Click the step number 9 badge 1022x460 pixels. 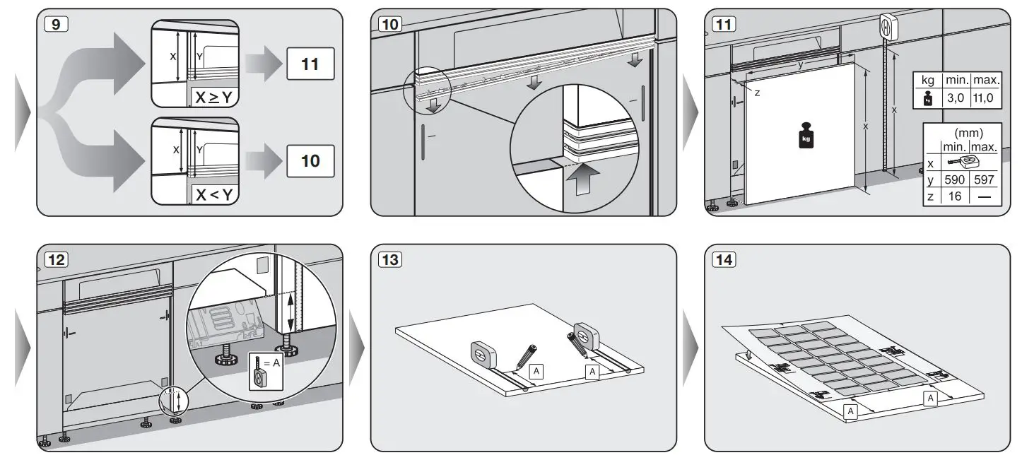[56, 23]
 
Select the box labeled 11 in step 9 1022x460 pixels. [310, 65]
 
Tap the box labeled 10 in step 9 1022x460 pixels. [310, 160]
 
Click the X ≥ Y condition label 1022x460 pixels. [213, 98]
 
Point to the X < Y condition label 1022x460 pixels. [213, 194]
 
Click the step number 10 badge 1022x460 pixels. [389, 23]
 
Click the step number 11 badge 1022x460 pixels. [724, 23]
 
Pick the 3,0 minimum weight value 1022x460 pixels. [955, 98]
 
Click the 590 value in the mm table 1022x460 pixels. [955, 180]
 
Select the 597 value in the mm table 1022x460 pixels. [984, 180]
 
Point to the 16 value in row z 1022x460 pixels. [955, 196]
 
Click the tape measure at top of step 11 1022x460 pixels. [887, 27]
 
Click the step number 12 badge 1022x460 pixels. [56, 259]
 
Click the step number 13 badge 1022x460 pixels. [389, 259]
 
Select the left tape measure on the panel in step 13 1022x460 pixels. [483, 353]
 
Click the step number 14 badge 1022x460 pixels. [724, 259]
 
